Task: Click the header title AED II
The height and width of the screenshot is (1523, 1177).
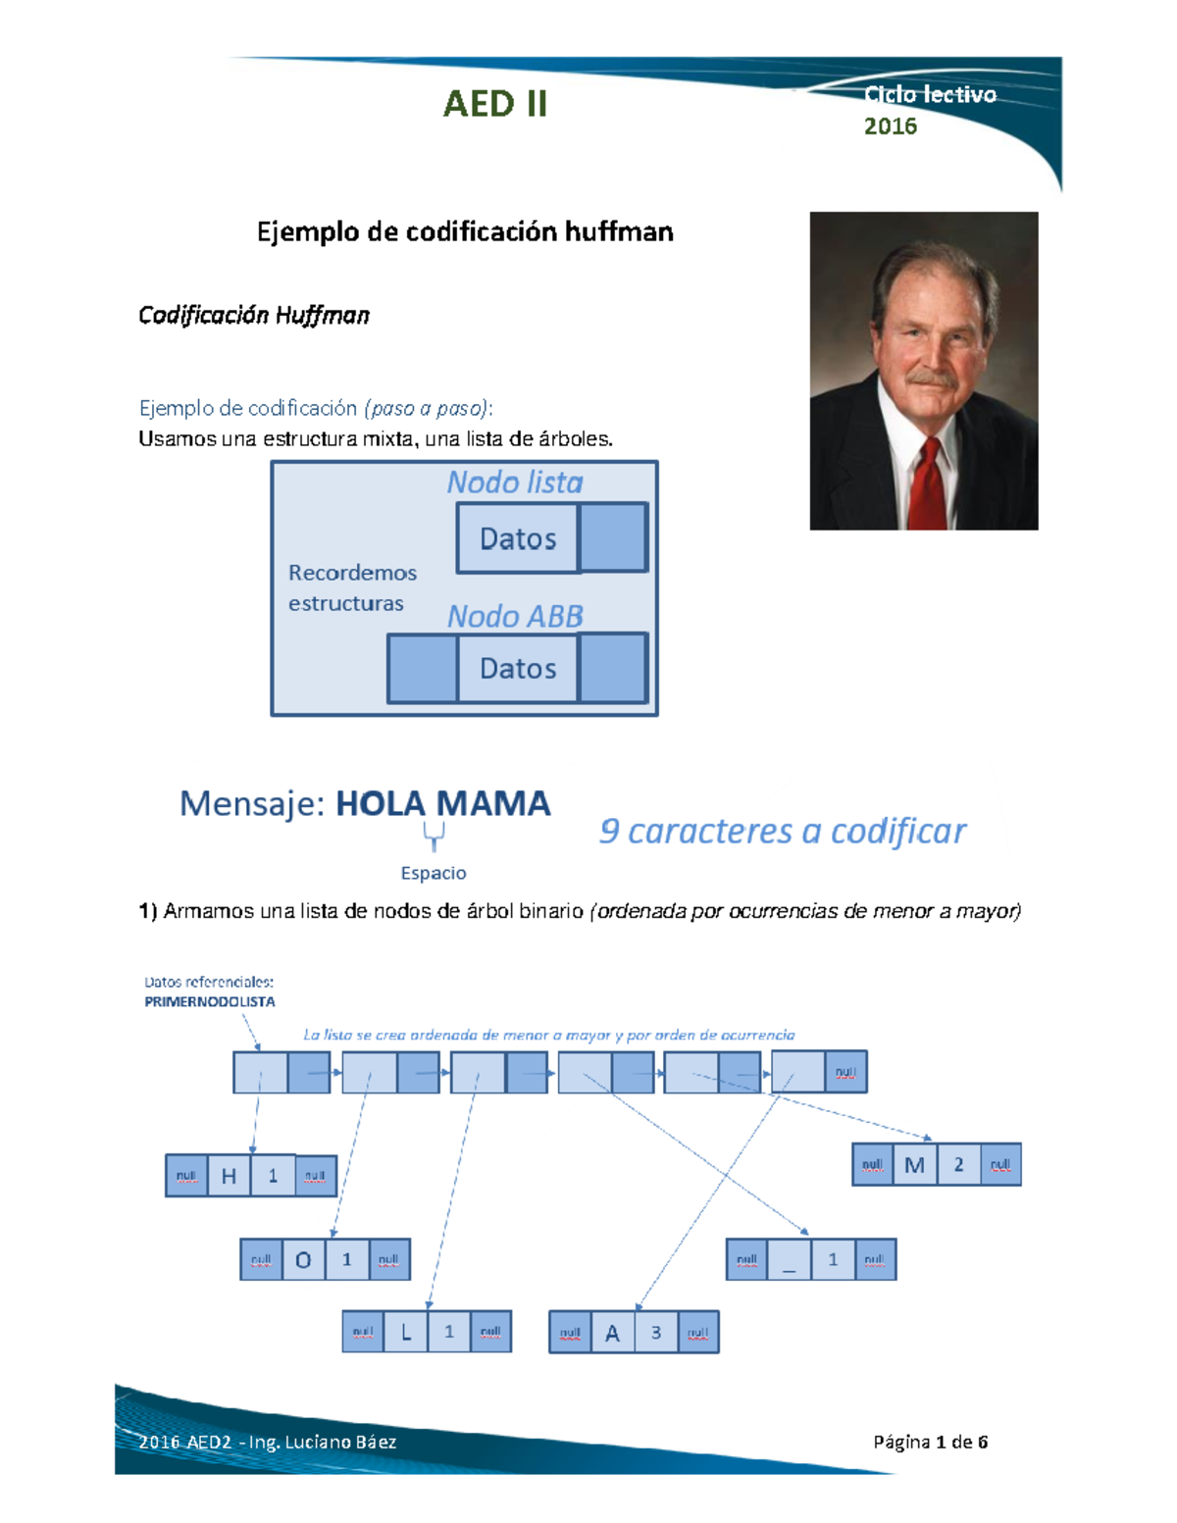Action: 494,104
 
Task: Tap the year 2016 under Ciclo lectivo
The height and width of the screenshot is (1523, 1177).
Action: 890,127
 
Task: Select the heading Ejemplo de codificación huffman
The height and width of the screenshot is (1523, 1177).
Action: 465,231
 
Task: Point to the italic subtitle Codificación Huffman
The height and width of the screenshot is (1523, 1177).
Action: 253,315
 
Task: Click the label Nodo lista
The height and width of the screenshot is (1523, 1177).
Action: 515,482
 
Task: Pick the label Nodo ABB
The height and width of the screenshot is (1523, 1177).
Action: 515,616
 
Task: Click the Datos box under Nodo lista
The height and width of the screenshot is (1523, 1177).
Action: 518,538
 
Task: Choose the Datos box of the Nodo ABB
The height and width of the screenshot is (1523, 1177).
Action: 518,669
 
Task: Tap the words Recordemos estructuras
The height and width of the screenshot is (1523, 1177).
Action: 352,587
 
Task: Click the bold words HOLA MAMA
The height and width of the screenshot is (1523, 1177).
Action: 442,804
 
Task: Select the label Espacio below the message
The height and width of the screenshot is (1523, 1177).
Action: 434,873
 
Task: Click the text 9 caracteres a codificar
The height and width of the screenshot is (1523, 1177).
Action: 782,832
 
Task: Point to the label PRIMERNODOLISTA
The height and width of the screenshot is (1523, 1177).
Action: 209,1001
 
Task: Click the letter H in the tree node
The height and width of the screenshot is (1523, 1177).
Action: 229,1176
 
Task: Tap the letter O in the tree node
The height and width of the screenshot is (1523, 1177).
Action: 303,1260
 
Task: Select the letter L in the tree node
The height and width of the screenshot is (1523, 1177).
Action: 405,1332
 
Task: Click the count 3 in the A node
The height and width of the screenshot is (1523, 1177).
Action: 656,1332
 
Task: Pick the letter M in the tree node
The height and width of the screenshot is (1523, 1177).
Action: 914,1165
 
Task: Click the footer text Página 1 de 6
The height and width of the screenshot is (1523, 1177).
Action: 930,1442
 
